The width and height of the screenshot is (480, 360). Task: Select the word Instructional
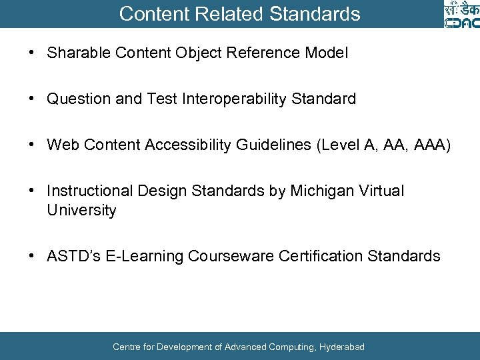coord(91,191)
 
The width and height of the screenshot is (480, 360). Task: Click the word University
coord(81,211)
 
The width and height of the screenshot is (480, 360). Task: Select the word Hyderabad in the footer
coord(342,347)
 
